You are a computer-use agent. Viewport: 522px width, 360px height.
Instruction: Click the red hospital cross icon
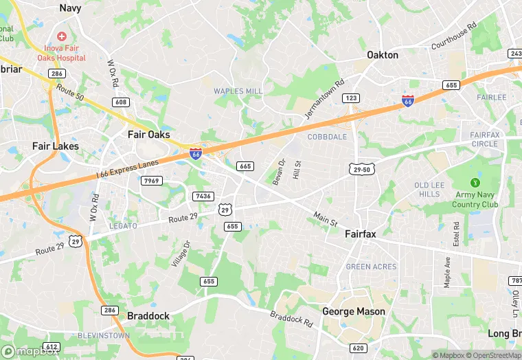click(x=62, y=35)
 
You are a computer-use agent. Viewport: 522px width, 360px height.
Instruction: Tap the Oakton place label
click(x=383, y=55)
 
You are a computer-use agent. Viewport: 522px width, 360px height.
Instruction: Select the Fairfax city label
click(x=360, y=234)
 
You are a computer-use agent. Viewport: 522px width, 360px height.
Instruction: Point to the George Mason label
click(x=354, y=311)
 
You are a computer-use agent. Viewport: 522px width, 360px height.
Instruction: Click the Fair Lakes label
click(x=56, y=146)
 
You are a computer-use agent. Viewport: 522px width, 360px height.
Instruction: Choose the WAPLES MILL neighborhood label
click(x=238, y=91)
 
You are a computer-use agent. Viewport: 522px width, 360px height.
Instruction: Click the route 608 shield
click(x=121, y=102)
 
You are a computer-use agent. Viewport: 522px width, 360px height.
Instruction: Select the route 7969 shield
click(x=152, y=181)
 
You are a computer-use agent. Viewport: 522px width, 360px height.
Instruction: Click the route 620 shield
click(x=358, y=348)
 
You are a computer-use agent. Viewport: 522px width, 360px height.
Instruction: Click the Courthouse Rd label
click(x=453, y=37)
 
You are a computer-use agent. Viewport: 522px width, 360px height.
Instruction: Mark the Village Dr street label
click(x=183, y=255)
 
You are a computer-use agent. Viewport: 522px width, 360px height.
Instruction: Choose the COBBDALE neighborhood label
click(x=327, y=137)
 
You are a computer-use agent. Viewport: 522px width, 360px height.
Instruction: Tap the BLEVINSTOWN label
click(x=104, y=335)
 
